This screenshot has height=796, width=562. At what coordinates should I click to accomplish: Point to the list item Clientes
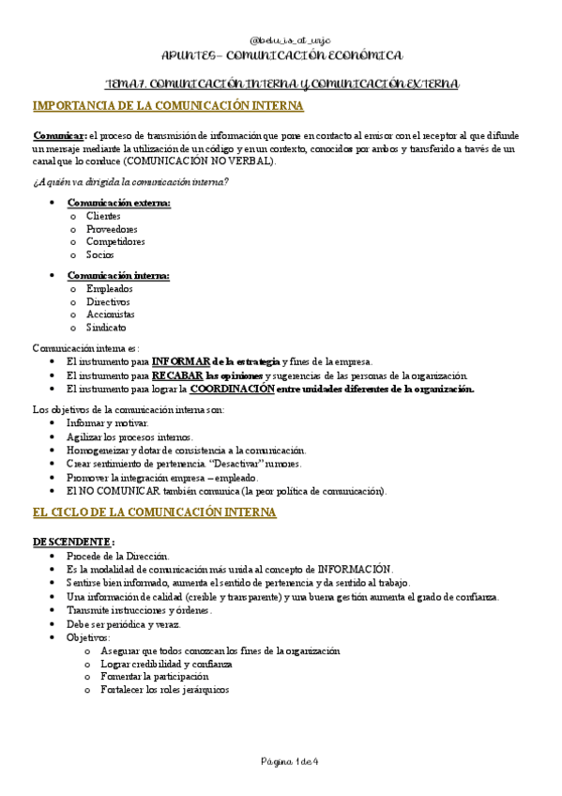103,216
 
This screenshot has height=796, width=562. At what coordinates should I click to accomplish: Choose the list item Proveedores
112,229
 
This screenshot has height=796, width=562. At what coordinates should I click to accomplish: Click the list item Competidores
115,241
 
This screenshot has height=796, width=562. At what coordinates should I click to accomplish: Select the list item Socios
100,254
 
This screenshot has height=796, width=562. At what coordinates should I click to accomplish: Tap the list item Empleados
109,289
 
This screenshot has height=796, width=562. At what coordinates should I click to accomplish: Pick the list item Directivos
108,302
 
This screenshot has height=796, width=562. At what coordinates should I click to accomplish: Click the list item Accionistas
111,314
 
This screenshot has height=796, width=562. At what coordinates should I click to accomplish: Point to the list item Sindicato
106,328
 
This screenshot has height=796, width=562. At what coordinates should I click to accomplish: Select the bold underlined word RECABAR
177,375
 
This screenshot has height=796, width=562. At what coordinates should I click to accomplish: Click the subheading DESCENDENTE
74,542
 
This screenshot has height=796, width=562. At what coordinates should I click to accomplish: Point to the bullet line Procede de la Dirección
118,557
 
